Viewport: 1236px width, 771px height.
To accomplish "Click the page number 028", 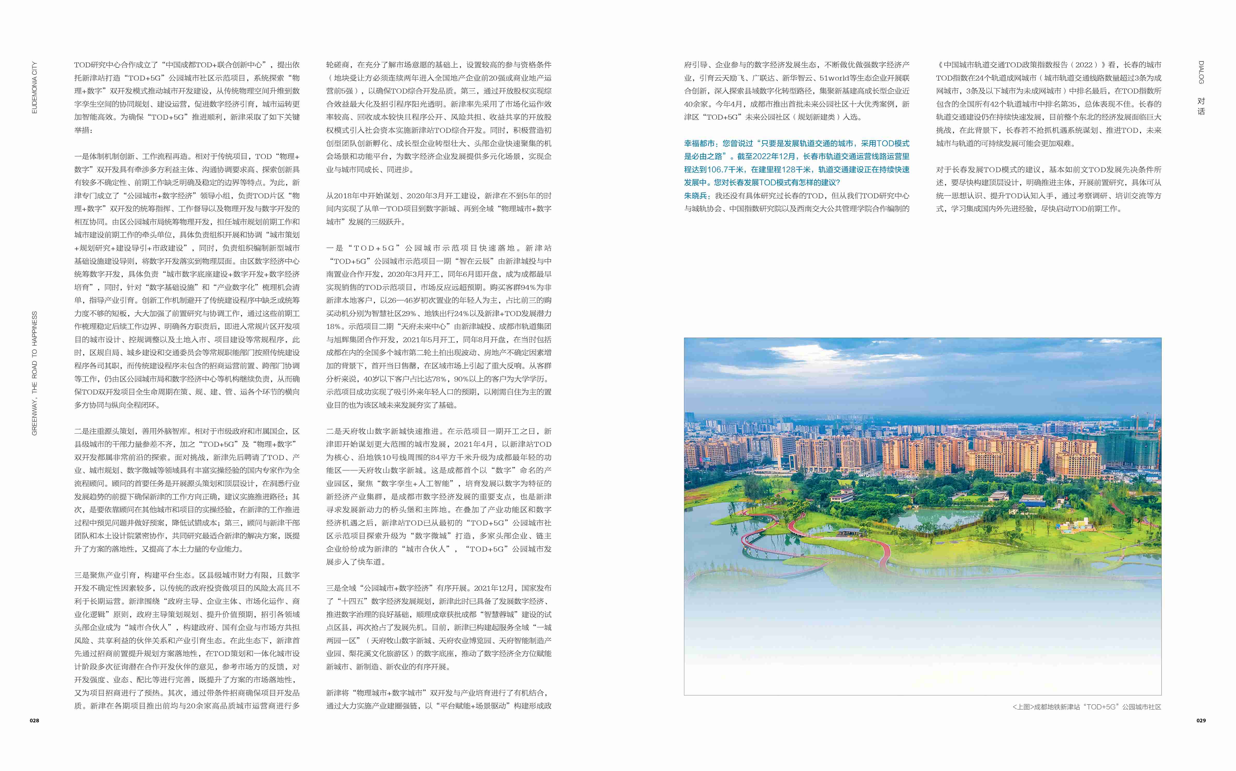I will [x=34, y=721].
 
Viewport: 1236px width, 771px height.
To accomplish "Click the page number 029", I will [x=1201, y=721].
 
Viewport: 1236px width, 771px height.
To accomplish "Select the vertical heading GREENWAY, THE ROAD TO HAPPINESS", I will [x=34, y=373].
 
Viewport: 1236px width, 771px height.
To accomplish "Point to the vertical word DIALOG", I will [x=1201, y=72].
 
